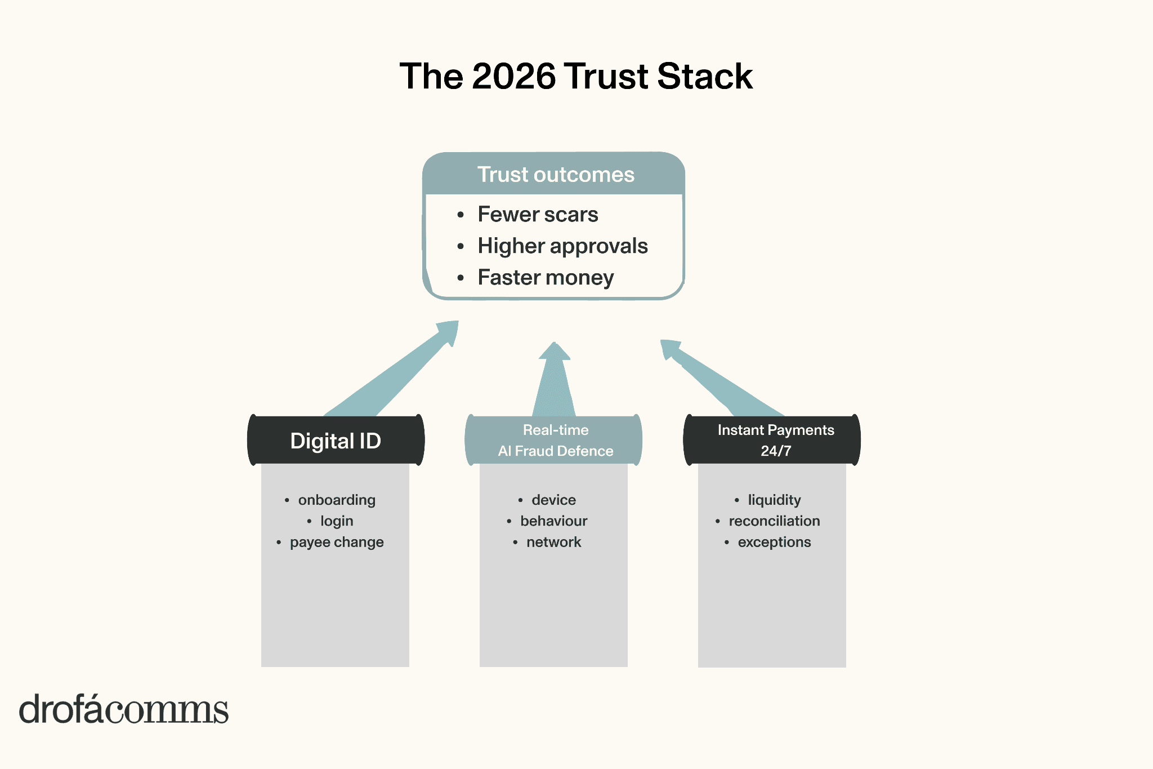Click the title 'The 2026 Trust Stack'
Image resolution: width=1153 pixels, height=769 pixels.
pyautogui.click(x=576, y=76)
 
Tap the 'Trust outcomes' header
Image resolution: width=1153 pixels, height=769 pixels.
pyautogui.click(x=556, y=175)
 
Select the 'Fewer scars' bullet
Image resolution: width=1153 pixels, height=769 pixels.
pyautogui.click(x=538, y=215)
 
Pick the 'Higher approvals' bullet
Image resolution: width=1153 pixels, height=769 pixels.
pyautogui.click(x=562, y=246)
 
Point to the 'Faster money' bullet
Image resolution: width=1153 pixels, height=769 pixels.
pyautogui.click(x=546, y=278)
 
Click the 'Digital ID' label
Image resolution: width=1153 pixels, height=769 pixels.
pyautogui.click(x=336, y=441)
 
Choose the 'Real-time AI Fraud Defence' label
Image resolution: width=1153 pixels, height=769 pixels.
pyautogui.click(x=555, y=441)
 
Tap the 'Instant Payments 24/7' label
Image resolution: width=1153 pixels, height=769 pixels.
pyautogui.click(x=775, y=441)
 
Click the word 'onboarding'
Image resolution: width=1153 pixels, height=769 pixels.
pyautogui.click(x=337, y=500)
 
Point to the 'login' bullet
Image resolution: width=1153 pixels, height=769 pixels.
pyautogui.click(x=337, y=521)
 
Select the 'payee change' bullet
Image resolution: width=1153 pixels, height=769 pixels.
pyautogui.click(x=337, y=543)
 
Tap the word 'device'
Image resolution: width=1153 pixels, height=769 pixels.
pyautogui.click(x=554, y=500)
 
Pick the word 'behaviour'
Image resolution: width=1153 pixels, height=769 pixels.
pyautogui.click(x=554, y=521)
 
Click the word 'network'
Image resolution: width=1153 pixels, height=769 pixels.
pyautogui.click(x=554, y=543)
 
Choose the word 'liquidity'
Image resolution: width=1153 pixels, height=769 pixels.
pyautogui.click(x=774, y=500)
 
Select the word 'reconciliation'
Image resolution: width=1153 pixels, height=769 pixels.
pyautogui.click(x=774, y=521)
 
